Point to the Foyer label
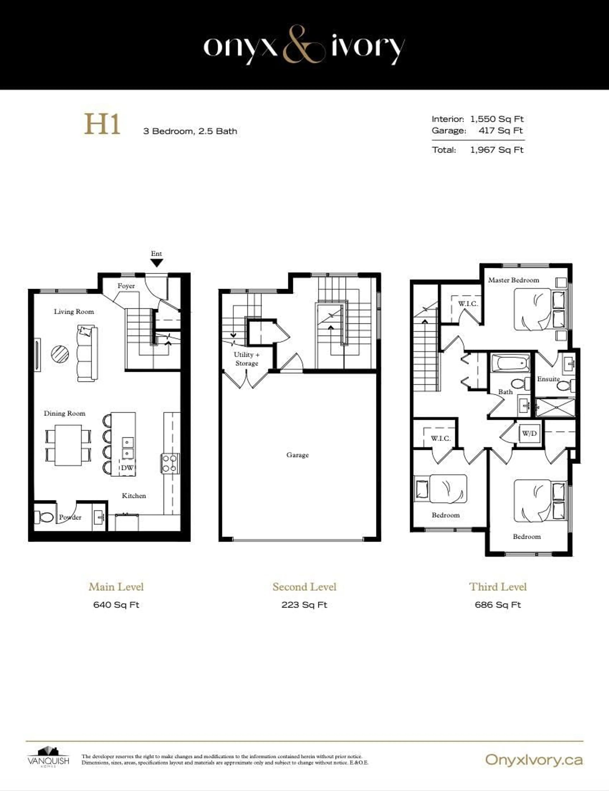[x=126, y=286]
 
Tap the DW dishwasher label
[x=127, y=468]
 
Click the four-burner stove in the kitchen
[x=170, y=463]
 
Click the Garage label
[x=297, y=455]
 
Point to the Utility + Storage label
[x=247, y=359]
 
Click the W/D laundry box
[x=529, y=433]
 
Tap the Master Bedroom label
[x=513, y=280]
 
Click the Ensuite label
[x=548, y=379]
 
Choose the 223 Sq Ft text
[x=304, y=605]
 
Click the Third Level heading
[x=498, y=587]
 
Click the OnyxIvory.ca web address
[x=534, y=759]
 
